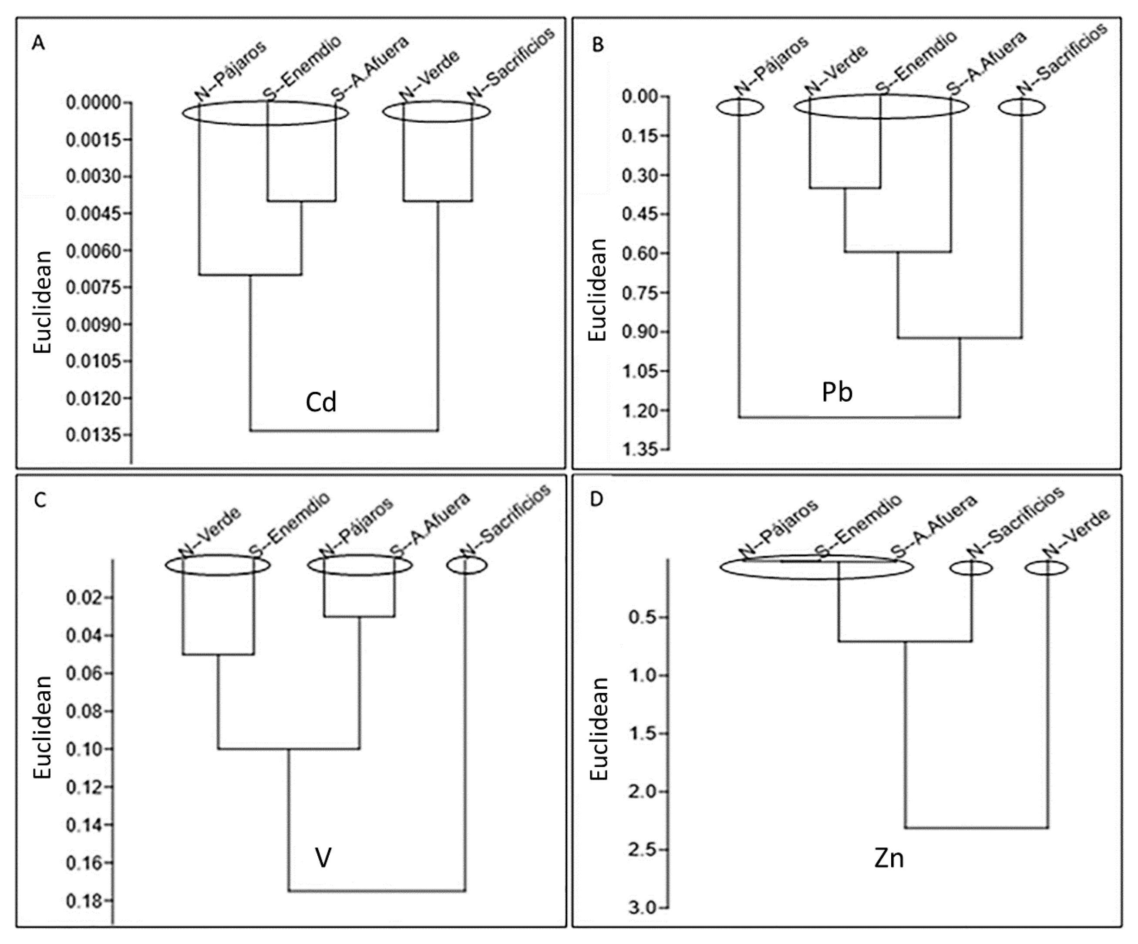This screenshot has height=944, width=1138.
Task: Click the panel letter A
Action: (38, 43)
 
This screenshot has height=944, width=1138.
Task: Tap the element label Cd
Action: (321, 403)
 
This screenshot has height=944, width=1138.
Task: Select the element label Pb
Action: (837, 392)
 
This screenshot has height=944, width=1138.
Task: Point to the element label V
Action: (323, 858)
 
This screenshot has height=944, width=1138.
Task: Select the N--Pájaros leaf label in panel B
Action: (771, 66)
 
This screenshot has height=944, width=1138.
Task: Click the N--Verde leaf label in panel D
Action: (1077, 532)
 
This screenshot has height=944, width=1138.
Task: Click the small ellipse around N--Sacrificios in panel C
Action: (467, 565)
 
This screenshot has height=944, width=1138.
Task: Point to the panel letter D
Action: (596, 499)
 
